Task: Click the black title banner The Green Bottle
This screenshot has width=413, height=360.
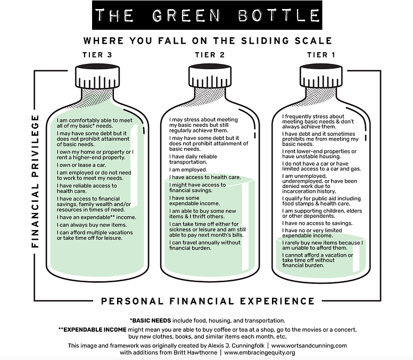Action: coord(207,16)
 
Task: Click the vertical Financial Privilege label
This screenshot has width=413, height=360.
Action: coord(36,181)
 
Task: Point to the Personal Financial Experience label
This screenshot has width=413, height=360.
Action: coord(208,301)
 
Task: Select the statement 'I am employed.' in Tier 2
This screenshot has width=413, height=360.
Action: coord(188,169)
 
